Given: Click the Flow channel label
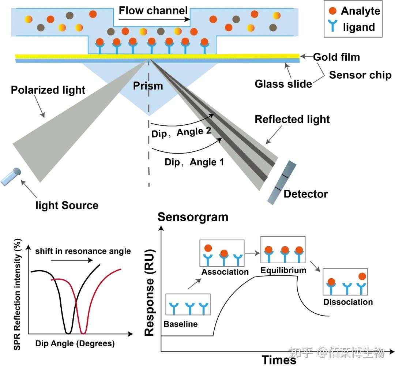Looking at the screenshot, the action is [153, 11].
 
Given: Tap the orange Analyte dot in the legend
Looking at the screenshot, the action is [332, 11].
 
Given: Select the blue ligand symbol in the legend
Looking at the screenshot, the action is [332, 26].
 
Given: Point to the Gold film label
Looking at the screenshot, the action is [336, 57].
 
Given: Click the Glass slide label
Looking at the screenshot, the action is [283, 84].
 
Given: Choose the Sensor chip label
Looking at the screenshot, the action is [360, 75].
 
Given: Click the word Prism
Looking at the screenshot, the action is [148, 86].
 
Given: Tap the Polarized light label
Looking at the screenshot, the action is [48, 90].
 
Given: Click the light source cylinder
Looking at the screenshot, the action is [11, 177].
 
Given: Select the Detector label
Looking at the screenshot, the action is [305, 194].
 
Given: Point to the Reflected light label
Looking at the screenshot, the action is [292, 119].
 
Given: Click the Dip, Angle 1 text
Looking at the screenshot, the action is [194, 162].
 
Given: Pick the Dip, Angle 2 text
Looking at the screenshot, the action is [181, 132].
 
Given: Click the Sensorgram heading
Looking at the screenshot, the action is [193, 217].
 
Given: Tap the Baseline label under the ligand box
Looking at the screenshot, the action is [180, 324].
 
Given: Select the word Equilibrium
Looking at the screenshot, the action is [283, 270].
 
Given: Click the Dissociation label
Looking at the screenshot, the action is [348, 302].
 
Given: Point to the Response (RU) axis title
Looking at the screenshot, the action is [149, 293].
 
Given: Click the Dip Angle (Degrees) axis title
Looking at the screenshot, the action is [75, 343].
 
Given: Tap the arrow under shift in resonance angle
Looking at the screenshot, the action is [72, 260].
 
